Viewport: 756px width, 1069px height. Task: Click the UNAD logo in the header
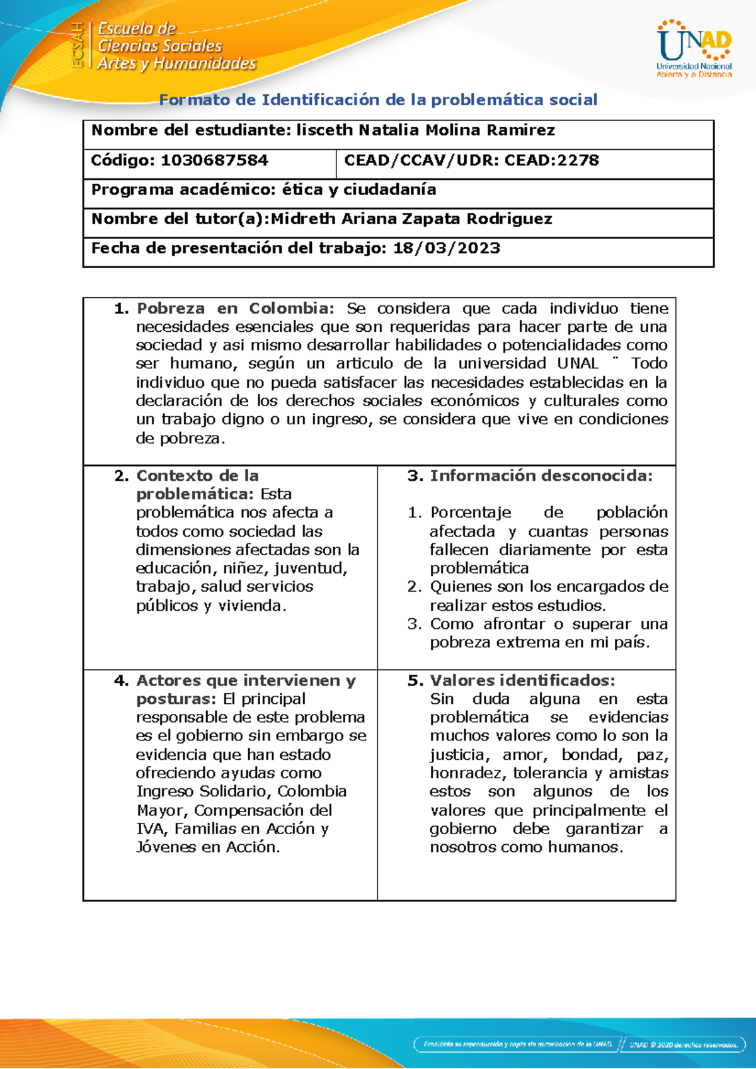click(x=694, y=48)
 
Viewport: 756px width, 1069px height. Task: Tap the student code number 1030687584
click(x=214, y=161)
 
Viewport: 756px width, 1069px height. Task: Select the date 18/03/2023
click(x=446, y=248)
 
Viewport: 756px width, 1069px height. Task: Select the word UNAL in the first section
click(x=577, y=363)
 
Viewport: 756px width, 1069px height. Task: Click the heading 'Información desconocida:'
click(x=541, y=476)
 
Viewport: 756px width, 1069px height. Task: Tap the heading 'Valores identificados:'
click(x=522, y=681)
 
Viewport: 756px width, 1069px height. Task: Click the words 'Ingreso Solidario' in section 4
click(x=203, y=791)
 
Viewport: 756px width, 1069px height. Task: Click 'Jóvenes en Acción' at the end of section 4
click(x=207, y=847)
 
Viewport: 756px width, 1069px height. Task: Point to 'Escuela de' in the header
click(x=137, y=29)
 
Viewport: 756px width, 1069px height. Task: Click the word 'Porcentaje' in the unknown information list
click(x=470, y=512)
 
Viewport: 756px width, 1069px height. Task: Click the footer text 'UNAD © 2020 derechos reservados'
click(x=684, y=1045)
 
